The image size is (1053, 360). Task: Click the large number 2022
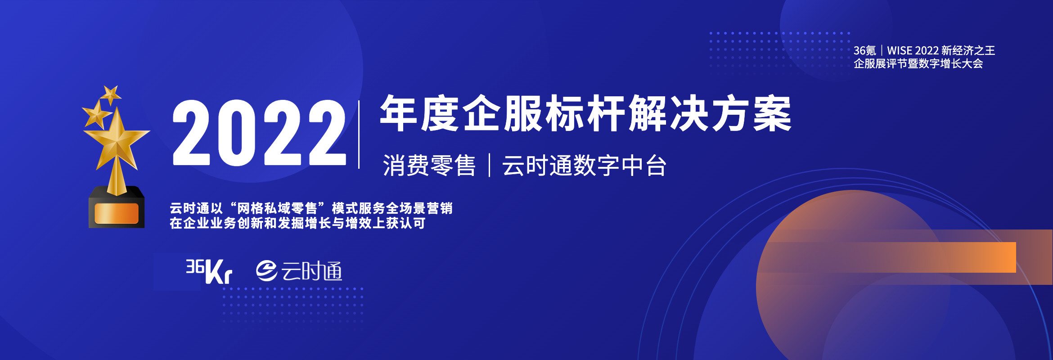[x=259, y=133]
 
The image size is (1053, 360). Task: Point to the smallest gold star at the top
[x=110, y=95]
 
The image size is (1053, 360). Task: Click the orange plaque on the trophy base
[x=116, y=213]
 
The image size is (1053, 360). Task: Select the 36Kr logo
[x=209, y=271]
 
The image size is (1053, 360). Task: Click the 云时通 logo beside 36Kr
[x=299, y=271]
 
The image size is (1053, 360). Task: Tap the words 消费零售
[x=429, y=165]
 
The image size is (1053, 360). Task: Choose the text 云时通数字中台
[x=584, y=165]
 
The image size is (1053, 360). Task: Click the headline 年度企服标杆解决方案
[x=585, y=113]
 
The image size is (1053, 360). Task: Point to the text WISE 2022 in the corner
[x=913, y=50]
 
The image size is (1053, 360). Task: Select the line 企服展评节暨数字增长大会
[x=918, y=63]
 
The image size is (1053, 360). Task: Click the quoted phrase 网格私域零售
[x=277, y=208]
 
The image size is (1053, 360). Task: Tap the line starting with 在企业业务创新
[x=297, y=223]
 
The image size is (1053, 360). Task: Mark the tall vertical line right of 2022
[x=359, y=135]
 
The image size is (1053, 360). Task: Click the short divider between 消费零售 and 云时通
[x=489, y=165]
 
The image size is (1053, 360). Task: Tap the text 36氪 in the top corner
[x=865, y=50]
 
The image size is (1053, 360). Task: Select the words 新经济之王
[x=968, y=50]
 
